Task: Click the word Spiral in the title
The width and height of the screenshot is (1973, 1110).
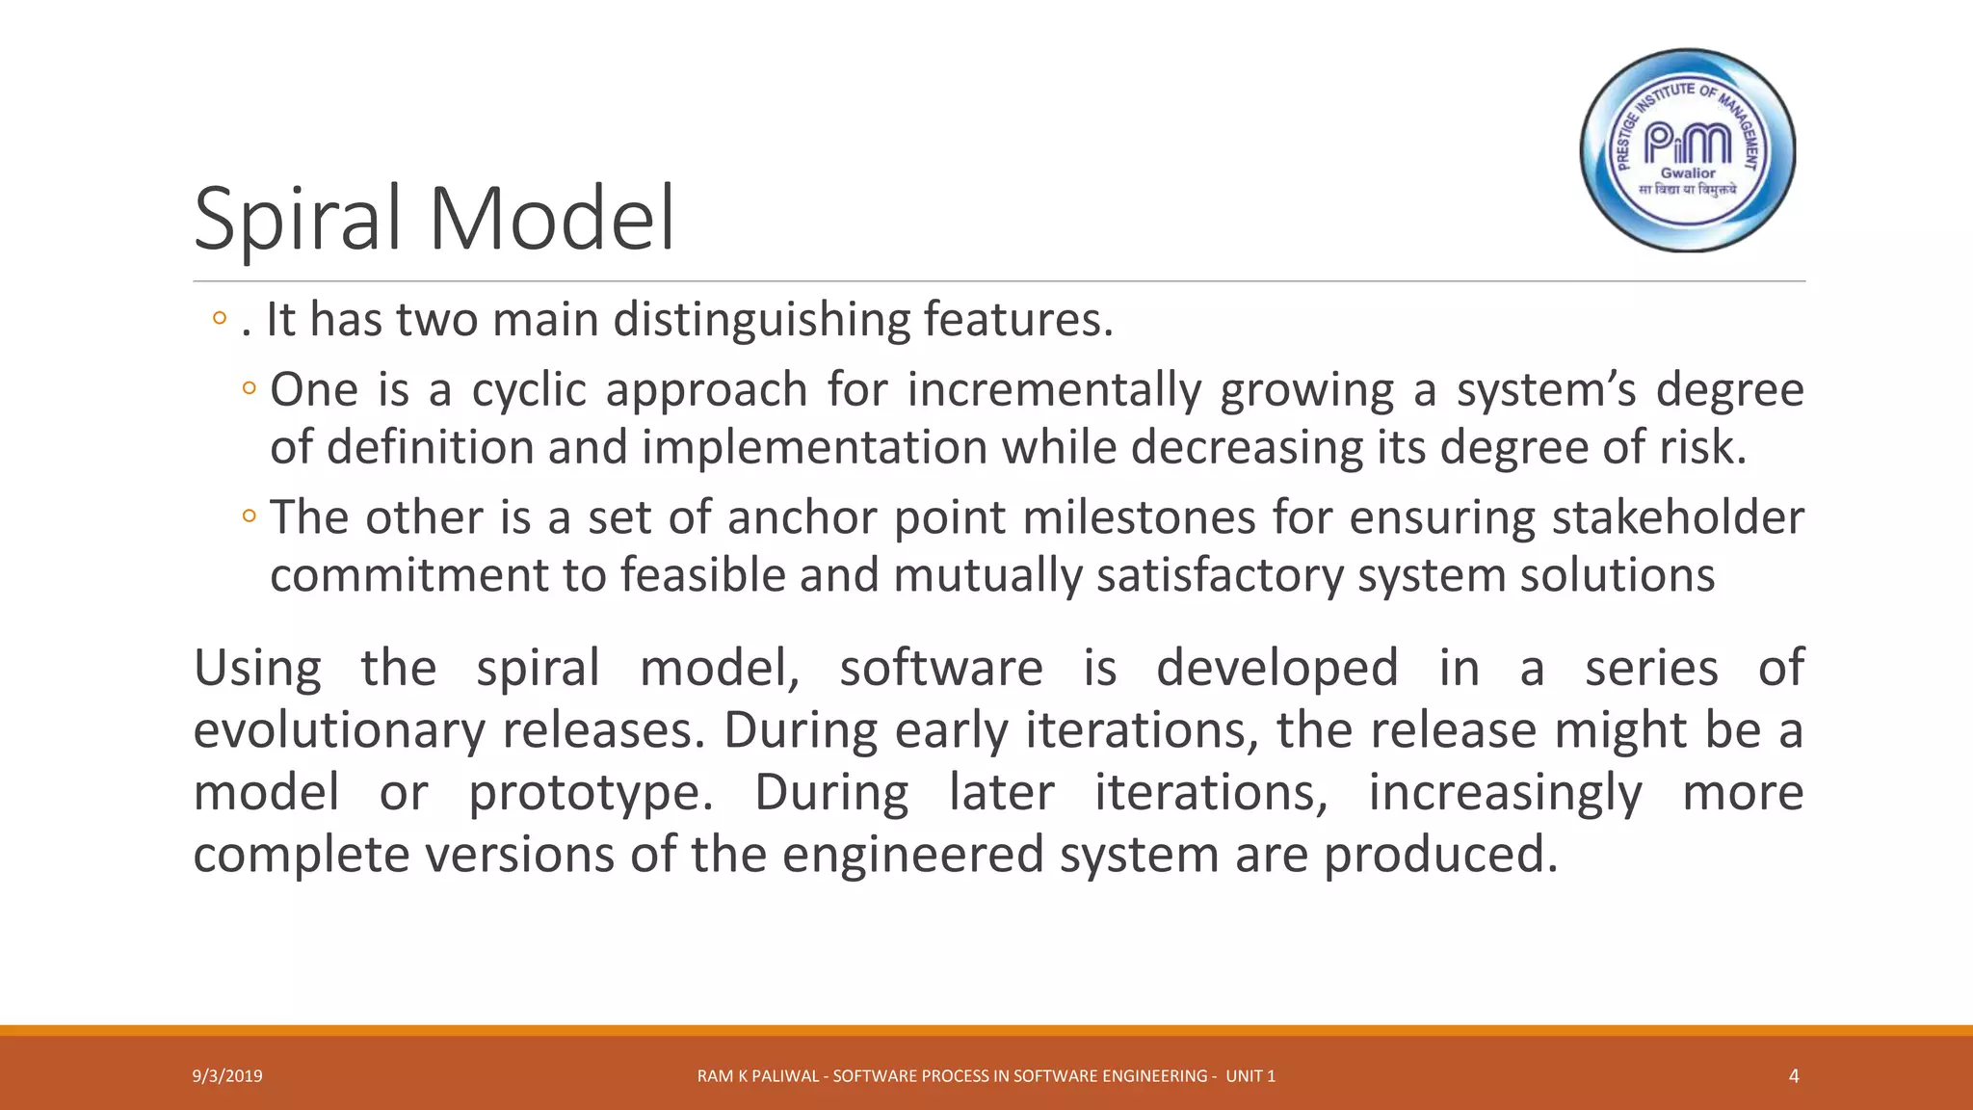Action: click(297, 219)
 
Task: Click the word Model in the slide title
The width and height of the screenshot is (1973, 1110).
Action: click(551, 219)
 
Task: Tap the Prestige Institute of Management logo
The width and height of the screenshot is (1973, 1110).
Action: click(1688, 150)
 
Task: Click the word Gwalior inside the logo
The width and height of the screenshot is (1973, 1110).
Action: click(1688, 173)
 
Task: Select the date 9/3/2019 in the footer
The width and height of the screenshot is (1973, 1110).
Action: click(227, 1076)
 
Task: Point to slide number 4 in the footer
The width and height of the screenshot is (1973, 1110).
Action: click(1793, 1076)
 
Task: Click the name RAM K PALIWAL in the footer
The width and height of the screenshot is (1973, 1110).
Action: click(759, 1076)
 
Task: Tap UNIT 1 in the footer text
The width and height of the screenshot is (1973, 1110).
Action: click(1250, 1076)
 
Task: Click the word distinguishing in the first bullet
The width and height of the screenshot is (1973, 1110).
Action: click(761, 320)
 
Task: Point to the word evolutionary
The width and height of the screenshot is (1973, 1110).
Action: click(339, 730)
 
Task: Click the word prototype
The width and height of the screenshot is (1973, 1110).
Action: click(590, 793)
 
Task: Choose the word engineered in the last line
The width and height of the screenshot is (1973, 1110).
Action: click(912, 855)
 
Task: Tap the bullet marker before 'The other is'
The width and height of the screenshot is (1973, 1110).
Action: click(250, 517)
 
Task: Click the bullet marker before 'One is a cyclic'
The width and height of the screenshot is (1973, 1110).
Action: click(250, 389)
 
